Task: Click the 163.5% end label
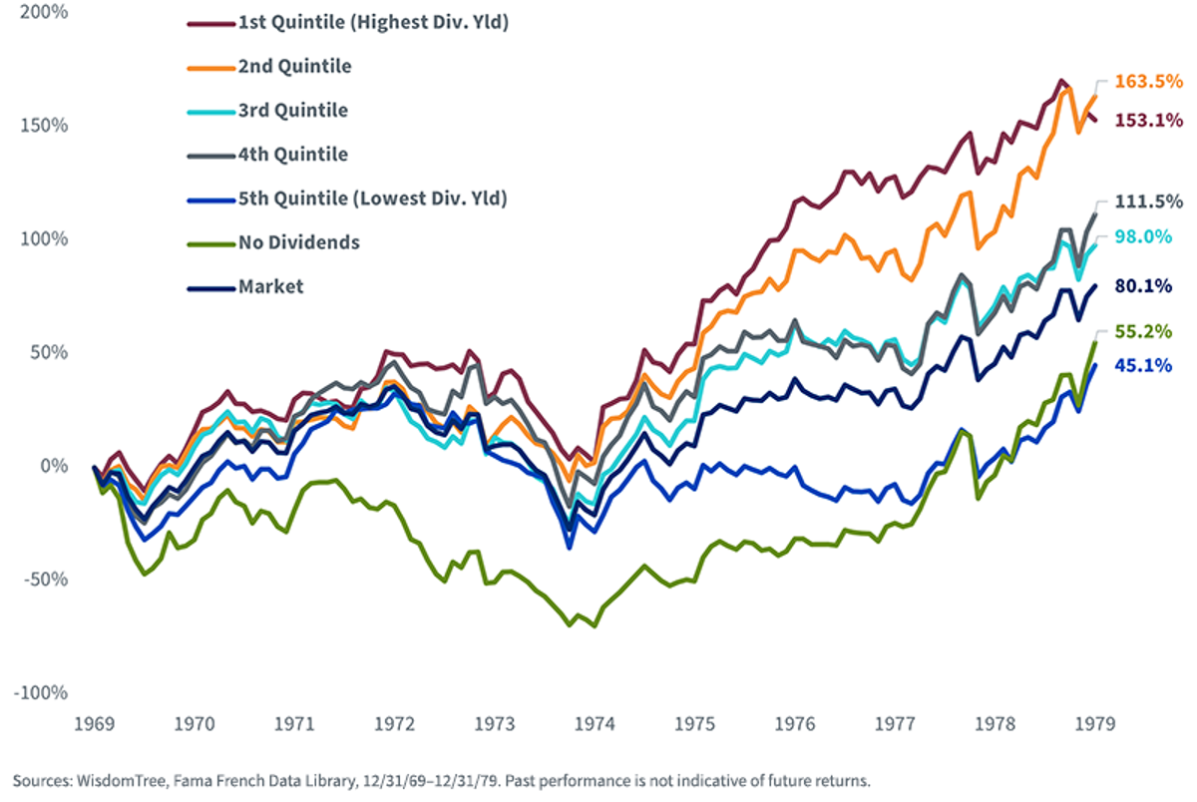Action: coord(1149,82)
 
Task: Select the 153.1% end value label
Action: coord(1149,121)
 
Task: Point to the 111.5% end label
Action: coord(1149,201)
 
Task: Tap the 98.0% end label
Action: coord(1143,236)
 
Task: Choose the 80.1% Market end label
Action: coord(1143,286)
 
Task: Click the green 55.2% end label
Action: coord(1143,332)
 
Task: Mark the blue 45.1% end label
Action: coord(1143,365)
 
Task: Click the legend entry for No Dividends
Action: coord(273,242)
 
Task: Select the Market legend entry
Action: coord(245,287)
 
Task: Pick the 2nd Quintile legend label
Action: coord(269,67)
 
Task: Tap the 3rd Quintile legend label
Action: coord(267,111)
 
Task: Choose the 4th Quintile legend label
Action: coord(267,155)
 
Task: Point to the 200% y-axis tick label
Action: coord(44,12)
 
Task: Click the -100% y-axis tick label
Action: coord(41,693)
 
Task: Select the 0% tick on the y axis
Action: coord(55,466)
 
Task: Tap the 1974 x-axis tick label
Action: coord(595,724)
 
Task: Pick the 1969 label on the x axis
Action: coord(95,724)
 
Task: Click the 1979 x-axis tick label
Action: coord(1095,724)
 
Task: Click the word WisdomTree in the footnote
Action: coord(122,781)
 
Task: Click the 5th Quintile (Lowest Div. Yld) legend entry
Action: coord(347,200)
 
